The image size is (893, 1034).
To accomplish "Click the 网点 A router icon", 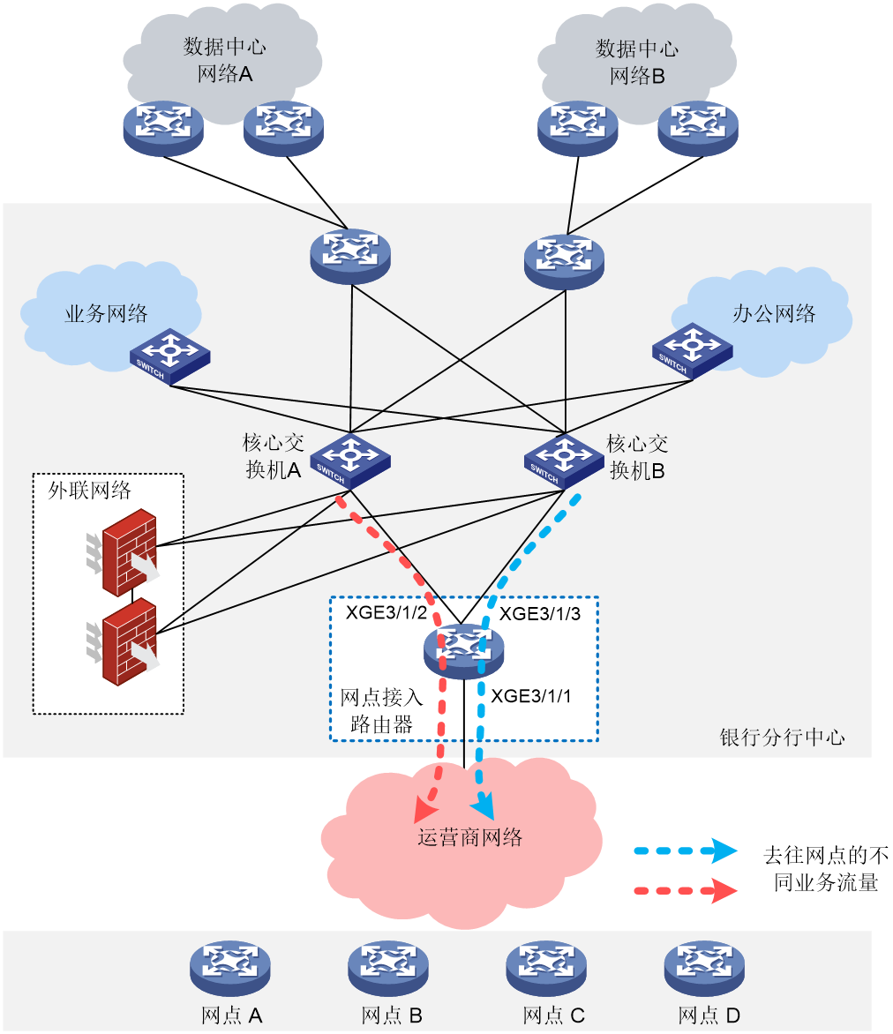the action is (230, 968).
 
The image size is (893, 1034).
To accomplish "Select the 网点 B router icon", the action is (388, 968).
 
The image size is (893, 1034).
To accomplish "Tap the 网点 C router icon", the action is (546, 968).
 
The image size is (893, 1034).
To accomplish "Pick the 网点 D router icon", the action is (704, 968).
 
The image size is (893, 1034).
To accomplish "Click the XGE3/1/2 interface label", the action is (386, 612).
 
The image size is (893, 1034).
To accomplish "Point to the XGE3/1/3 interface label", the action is (540, 614).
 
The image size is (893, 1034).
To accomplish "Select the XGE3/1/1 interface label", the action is (531, 696).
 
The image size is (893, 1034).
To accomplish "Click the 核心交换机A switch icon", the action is (350, 461).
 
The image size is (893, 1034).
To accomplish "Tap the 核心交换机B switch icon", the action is (564, 461).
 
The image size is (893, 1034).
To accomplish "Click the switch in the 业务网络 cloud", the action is (170, 356).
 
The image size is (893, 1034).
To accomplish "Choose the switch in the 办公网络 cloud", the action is (693, 351).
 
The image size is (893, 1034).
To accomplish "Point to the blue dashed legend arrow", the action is (686, 850).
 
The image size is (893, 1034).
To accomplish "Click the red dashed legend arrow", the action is (686, 891).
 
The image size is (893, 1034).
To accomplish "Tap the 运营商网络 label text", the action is (469, 837).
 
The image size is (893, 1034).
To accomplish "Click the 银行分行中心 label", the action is (782, 738).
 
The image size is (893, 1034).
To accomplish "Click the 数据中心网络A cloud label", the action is (224, 60).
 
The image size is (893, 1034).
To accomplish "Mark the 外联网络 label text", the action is (90, 490).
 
